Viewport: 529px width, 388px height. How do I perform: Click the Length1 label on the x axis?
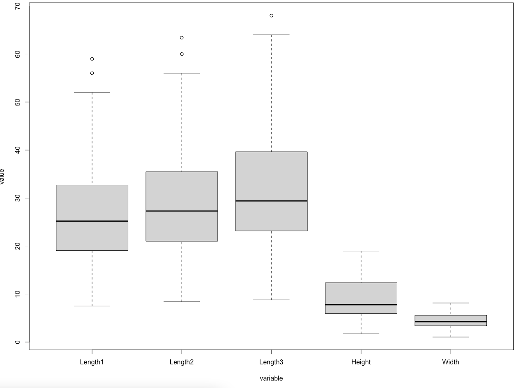[92, 362]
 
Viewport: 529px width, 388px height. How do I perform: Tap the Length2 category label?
[182, 362]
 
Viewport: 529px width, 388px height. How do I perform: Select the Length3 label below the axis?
[271, 362]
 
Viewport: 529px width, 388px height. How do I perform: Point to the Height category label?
[361, 362]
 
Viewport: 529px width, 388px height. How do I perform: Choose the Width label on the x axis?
[451, 362]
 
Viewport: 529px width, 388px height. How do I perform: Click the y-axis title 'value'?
[3, 176]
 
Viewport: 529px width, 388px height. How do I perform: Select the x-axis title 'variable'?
[271, 378]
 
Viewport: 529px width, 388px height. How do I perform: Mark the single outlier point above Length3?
[271, 16]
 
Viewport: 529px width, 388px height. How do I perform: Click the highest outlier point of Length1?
[92, 59]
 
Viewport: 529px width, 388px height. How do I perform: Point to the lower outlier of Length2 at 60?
[182, 54]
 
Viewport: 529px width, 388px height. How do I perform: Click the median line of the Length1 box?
[92, 221]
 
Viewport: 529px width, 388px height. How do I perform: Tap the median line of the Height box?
[361, 305]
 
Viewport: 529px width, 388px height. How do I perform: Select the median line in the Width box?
[451, 322]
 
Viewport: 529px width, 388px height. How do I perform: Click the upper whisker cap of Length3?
[271, 35]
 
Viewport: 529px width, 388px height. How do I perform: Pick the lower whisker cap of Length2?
[182, 302]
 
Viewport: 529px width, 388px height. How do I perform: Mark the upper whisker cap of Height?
[361, 251]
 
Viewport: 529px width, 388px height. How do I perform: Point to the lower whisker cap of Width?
[451, 337]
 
